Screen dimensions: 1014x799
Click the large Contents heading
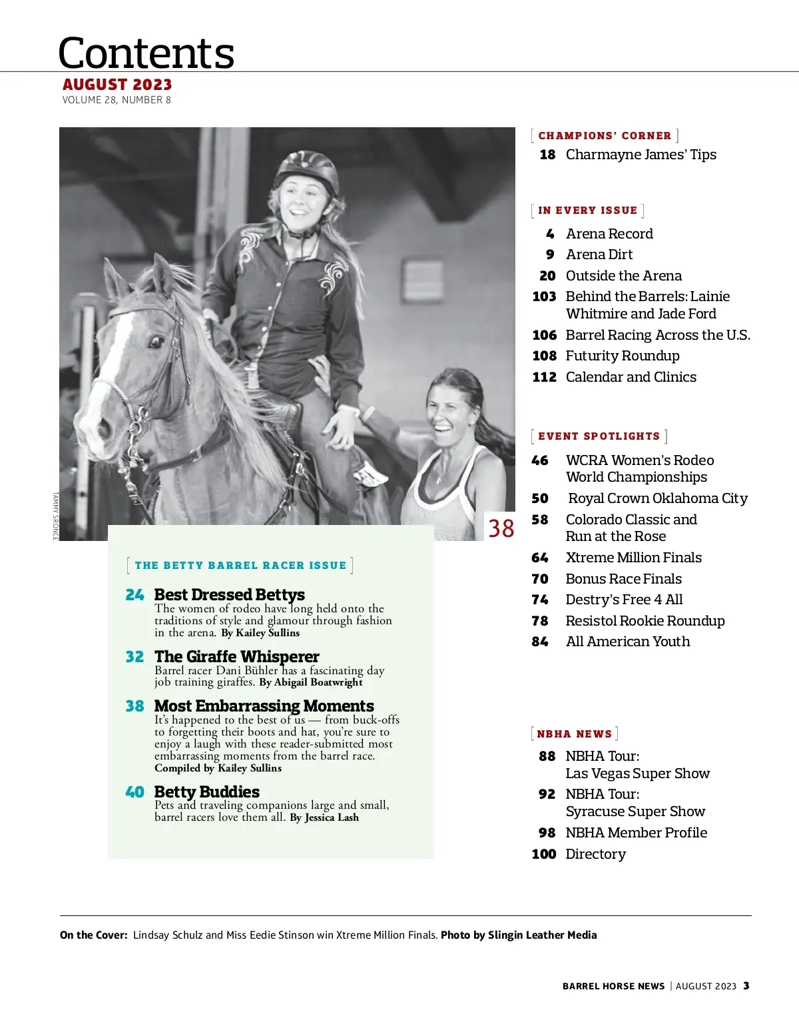(x=146, y=53)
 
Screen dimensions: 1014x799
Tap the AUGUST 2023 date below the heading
(x=117, y=85)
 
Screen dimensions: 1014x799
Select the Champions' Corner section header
(x=605, y=136)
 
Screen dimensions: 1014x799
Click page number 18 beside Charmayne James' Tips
(x=547, y=155)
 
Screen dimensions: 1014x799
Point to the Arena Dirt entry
(x=599, y=254)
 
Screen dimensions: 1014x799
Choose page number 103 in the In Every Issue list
(x=544, y=296)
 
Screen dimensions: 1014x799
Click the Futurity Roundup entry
(x=623, y=356)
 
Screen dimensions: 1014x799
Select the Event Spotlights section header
(x=599, y=436)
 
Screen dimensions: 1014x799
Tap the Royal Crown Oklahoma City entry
(x=658, y=498)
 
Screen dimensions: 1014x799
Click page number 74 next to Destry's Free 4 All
(x=540, y=600)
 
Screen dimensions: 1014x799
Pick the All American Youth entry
(x=628, y=642)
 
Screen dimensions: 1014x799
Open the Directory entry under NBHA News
(x=595, y=854)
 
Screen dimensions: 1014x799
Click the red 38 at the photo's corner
(x=501, y=528)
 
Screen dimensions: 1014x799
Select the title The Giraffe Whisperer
(x=236, y=656)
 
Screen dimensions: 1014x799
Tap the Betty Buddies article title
(x=206, y=791)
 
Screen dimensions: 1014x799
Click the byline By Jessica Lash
(x=324, y=817)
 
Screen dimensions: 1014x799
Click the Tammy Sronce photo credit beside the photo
(x=56, y=516)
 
